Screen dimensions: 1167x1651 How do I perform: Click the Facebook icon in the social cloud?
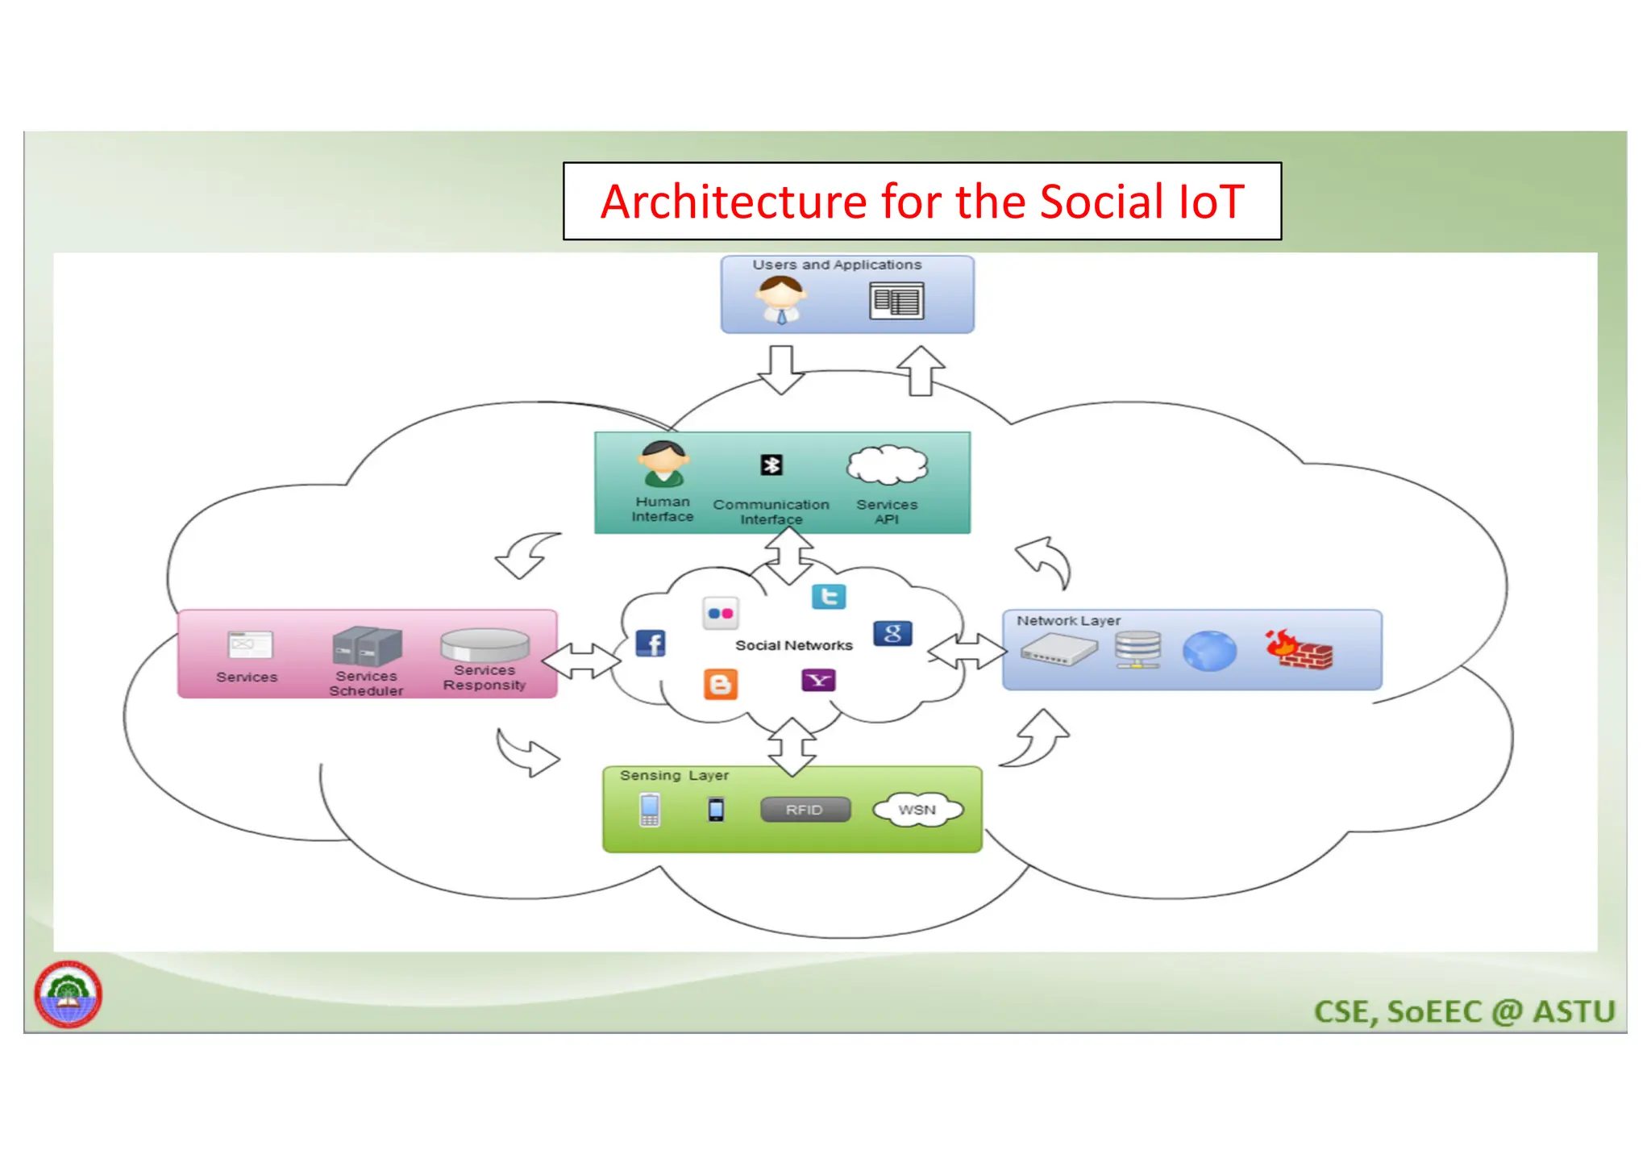651,644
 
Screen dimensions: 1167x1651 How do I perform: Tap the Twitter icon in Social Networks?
829,597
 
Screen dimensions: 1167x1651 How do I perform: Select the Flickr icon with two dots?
720,614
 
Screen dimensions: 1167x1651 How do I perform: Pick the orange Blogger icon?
720,684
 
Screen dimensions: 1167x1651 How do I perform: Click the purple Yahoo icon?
818,681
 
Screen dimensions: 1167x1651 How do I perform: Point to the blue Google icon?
892,634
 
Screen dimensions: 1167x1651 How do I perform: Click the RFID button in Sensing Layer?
805,810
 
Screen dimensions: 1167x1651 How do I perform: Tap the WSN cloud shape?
917,810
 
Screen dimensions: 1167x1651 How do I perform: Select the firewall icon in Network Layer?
1299,650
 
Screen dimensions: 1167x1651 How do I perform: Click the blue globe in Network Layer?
1209,651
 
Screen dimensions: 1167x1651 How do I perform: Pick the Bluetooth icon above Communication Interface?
771,465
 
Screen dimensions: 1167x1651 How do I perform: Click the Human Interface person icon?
663,465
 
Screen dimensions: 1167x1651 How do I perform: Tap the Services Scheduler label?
366,684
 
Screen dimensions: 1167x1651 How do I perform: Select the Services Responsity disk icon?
484,645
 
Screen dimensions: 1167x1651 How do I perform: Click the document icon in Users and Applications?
896,301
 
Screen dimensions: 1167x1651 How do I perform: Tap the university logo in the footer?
69,994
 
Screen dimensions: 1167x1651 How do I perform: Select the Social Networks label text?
793,645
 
